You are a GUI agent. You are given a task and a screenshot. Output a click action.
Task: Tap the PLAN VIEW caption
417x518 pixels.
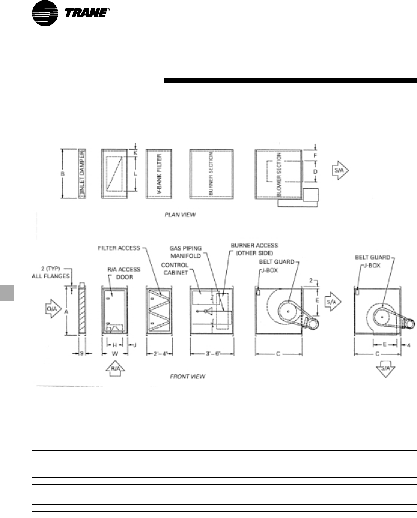180,215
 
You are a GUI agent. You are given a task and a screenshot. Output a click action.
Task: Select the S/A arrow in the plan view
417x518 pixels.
340,171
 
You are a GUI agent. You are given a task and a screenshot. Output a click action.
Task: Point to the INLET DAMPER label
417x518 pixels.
82,173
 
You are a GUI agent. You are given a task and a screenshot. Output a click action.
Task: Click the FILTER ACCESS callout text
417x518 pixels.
119,248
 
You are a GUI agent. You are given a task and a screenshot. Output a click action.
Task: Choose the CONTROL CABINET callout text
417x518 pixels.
175,269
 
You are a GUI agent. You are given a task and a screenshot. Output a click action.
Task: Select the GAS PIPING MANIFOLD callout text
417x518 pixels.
185,252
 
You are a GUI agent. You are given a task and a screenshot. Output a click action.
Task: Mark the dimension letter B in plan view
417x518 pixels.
63,174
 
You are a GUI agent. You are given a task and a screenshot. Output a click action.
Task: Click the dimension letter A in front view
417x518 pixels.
67,311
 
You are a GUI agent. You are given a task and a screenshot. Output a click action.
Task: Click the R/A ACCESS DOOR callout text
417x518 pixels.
123,272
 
